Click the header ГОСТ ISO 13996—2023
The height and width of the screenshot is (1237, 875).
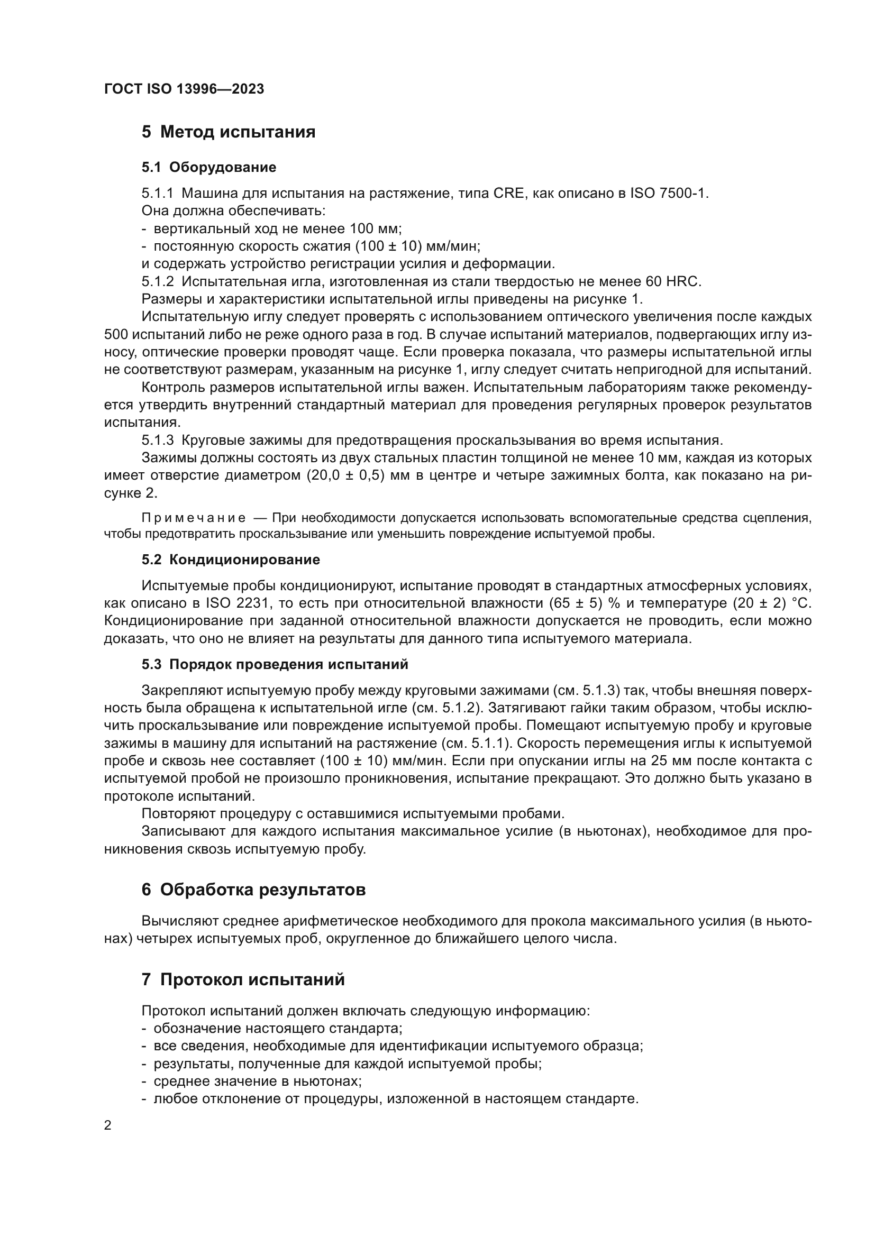coord(184,89)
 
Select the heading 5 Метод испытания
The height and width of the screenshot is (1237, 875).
coord(229,132)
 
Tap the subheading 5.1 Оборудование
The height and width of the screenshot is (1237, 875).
coord(209,167)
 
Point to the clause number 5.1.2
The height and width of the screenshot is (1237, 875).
coord(158,281)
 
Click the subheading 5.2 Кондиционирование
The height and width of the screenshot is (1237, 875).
coord(231,560)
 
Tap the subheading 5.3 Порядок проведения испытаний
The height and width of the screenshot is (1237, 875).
coord(275,664)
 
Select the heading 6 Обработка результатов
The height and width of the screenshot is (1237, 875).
coord(254,890)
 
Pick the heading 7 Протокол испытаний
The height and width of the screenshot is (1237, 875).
coord(243,979)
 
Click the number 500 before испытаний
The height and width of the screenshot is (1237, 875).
coord(116,335)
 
